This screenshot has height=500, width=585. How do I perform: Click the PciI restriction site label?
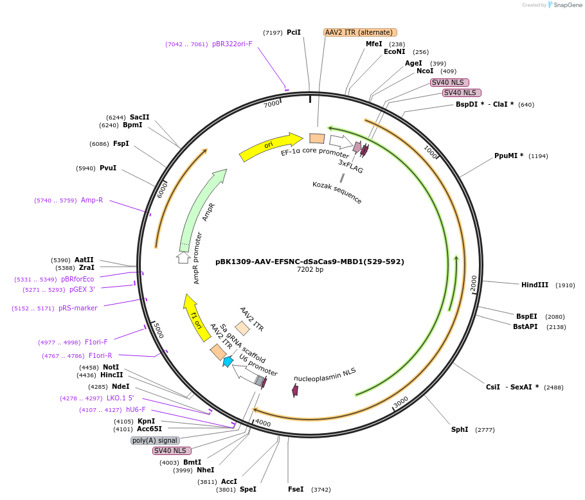[293, 32]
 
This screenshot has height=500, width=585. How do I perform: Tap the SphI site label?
[460, 429]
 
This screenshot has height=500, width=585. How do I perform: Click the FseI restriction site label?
[296, 489]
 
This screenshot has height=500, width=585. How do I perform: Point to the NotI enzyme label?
[111, 367]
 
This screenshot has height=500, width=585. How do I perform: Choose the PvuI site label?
[108, 168]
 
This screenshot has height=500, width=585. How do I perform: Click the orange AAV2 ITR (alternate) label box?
[360, 32]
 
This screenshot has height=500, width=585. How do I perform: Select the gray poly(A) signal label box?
[155, 440]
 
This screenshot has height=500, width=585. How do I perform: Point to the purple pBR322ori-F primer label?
[232, 44]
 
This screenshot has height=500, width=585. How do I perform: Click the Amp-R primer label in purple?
[92, 200]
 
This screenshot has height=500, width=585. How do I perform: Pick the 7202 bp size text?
[310, 270]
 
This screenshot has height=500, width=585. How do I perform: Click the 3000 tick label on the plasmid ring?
[401, 402]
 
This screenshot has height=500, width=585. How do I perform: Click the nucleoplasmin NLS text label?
[325, 375]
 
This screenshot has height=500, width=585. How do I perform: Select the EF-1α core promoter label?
[315, 153]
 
